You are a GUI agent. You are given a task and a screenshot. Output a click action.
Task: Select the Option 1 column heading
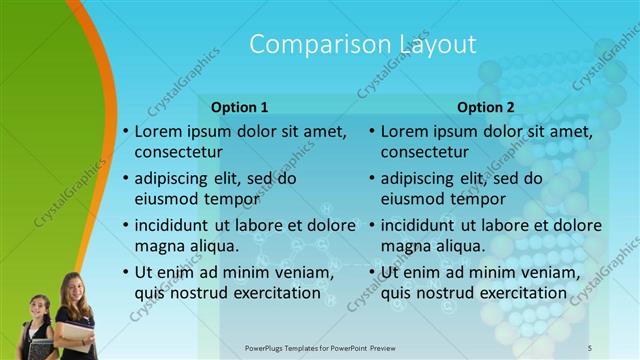(x=240, y=107)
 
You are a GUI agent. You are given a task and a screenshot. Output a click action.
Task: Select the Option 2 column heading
(x=486, y=107)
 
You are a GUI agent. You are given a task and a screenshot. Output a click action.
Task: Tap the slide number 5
(x=590, y=347)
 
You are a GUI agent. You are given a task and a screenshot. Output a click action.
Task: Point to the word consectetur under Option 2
(x=425, y=153)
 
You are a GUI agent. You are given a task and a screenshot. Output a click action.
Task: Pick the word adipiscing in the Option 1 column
(x=174, y=178)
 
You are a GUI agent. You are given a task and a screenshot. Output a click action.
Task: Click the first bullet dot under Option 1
(x=125, y=132)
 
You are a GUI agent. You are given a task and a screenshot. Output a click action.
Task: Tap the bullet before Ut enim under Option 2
(x=371, y=272)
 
